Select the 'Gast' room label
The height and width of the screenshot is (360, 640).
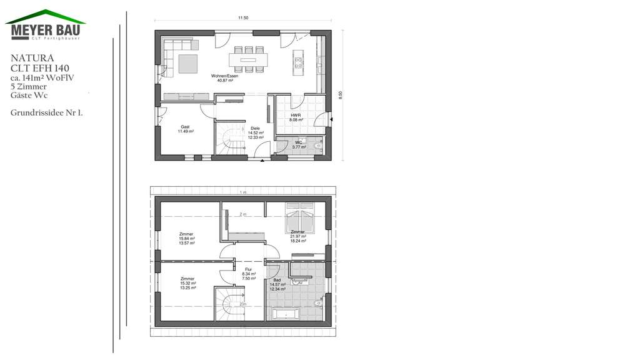[x=185, y=127]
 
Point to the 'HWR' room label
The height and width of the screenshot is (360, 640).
[x=296, y=116]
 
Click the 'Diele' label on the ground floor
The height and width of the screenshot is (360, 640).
[x=256, y=128]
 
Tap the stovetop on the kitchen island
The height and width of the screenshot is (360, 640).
[x=298, y=62]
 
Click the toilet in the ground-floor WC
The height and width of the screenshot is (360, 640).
[x=317, y=146]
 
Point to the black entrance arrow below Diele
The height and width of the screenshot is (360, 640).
[x=262, y=161]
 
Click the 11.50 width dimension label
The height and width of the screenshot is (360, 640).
[x=243, y=18]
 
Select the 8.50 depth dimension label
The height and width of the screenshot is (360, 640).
[x=341, y=94]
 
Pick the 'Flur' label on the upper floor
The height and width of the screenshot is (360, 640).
[x=248, y=269]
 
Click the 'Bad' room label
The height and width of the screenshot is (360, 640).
[x=286, y=280]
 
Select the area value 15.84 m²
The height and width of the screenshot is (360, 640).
[x=187, y=238]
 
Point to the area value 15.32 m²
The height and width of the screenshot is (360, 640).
[x=187, y=283]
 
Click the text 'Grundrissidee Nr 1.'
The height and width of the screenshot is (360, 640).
[x=47, y=113]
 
